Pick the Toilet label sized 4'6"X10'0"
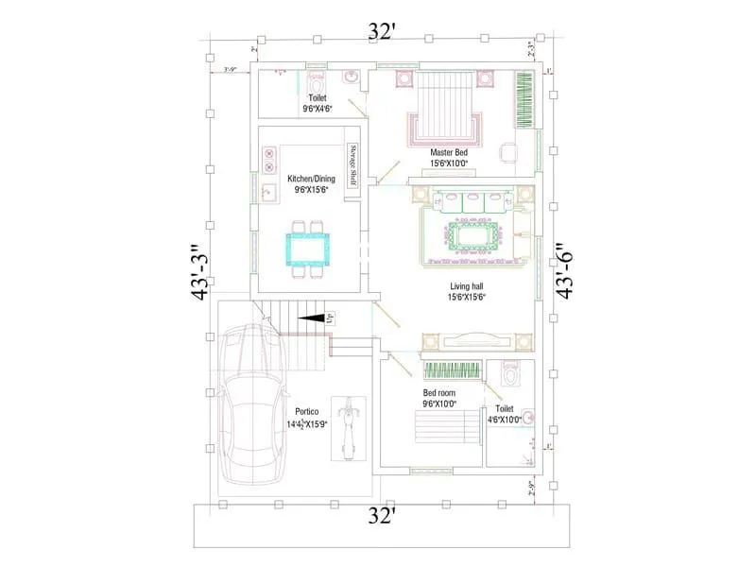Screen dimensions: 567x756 pos(504,415)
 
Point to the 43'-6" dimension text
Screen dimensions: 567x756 pos(565,268)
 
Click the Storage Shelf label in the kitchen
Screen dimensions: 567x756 pos(352,167)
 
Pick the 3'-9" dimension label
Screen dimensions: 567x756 pos(229,70)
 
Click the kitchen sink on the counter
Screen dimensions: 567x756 pos(268,193)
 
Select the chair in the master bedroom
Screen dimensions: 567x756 pos(508,151)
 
